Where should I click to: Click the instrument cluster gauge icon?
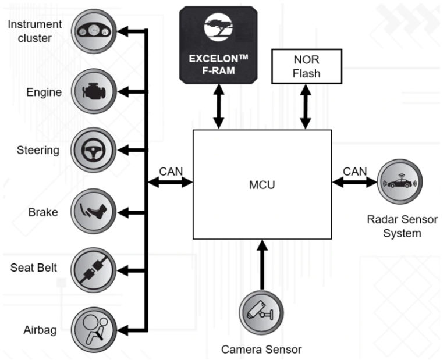(x=93, y=31)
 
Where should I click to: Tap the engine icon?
(x=93, y=91)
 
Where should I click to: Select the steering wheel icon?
(x=93, y=150)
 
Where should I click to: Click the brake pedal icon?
(x=93, y=211)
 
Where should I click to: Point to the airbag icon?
(x=93, y=330)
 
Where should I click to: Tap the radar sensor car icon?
(x=400, y=182)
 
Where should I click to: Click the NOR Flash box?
(x=307, y=67)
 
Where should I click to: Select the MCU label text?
(x=262, y=186)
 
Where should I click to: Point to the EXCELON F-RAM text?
(x=218, y=65)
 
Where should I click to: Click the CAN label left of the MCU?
(x=171, y=172)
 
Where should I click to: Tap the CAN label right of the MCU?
(x=354, y=172)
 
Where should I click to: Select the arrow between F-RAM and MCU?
(x=219, y=106)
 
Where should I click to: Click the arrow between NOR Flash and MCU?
(x=307, y=106)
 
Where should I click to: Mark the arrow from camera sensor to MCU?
(x=261, y=265)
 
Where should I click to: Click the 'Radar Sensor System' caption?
(x=394, y=226)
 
